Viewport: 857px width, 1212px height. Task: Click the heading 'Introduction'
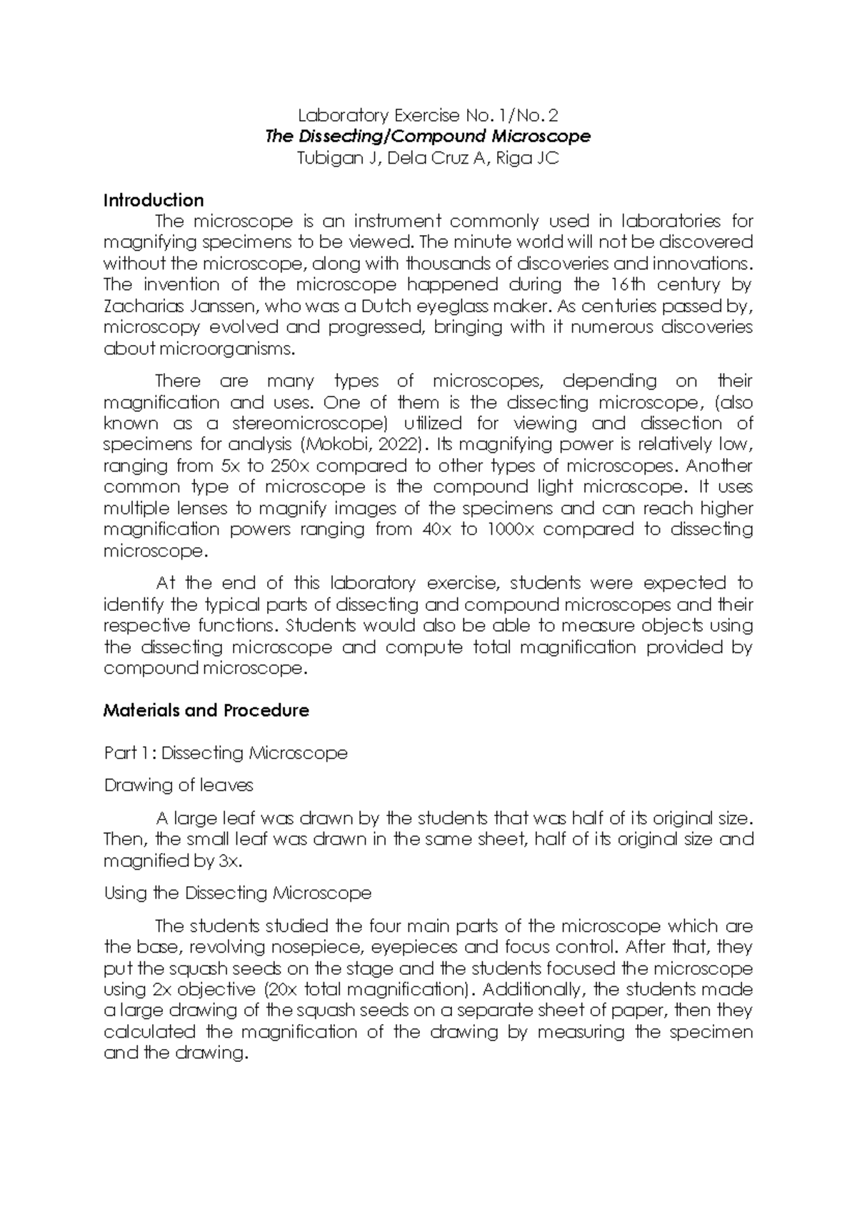pos(154,200)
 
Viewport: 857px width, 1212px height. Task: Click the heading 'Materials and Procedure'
pos(206,710)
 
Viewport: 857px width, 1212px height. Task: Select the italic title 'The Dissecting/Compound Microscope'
pos(428,136)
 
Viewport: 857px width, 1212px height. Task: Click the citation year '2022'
pos(394,444)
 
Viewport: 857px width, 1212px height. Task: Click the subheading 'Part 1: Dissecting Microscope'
pos(226,753)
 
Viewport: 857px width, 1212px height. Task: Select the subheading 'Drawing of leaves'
pos(179,785)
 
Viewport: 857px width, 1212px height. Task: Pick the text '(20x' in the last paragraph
pos(281,990)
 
